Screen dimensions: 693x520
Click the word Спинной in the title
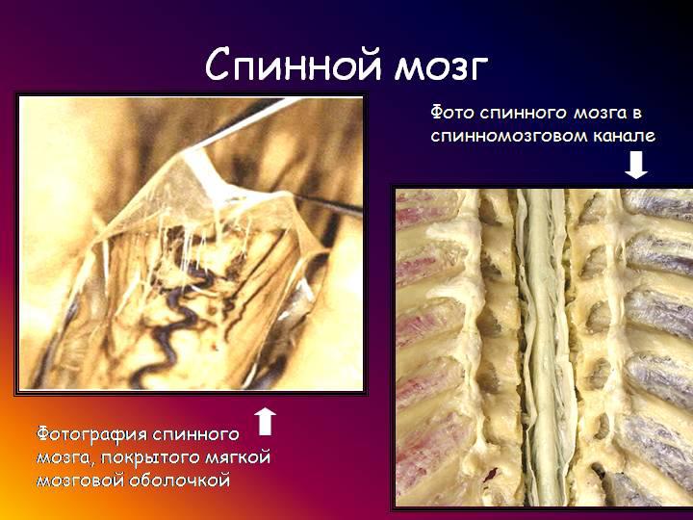(293, 65)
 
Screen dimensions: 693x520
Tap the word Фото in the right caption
(452, 113)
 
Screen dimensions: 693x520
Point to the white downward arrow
(636, 165)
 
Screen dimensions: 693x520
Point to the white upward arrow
(266, 422)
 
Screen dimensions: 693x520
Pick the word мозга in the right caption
(600, 114)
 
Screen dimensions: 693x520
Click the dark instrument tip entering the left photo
(327, 202)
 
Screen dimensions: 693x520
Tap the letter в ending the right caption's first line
(637, 114)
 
